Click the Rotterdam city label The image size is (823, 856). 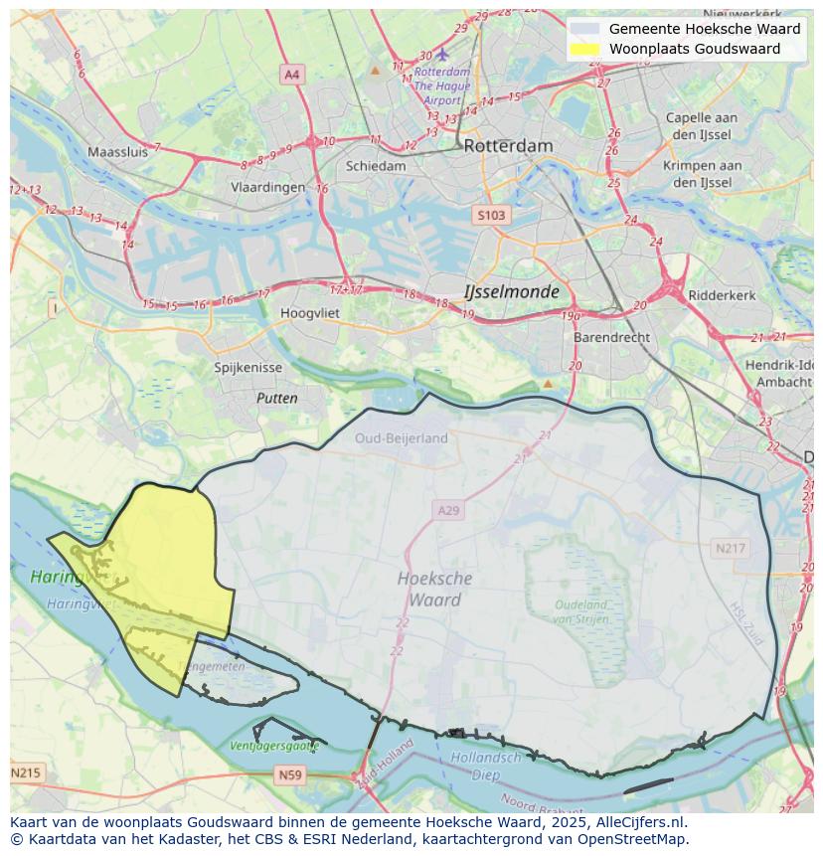508,145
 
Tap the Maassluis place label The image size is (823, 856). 117,152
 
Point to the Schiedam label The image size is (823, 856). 376,166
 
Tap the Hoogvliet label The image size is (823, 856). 282,312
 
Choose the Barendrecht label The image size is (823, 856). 611,337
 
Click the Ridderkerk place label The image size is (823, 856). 723,295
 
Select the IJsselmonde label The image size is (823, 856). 511,292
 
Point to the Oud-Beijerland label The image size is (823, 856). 402,437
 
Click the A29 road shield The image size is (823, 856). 448,510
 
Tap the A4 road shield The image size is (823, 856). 291,75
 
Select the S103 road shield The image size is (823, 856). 490,215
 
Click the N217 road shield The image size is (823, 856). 730,548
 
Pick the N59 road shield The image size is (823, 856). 289,774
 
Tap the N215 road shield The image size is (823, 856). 27,772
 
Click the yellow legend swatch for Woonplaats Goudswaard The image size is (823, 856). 586,48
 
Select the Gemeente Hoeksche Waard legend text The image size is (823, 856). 704,29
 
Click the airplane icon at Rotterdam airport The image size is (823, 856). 442,52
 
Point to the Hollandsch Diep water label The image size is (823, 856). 486,765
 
